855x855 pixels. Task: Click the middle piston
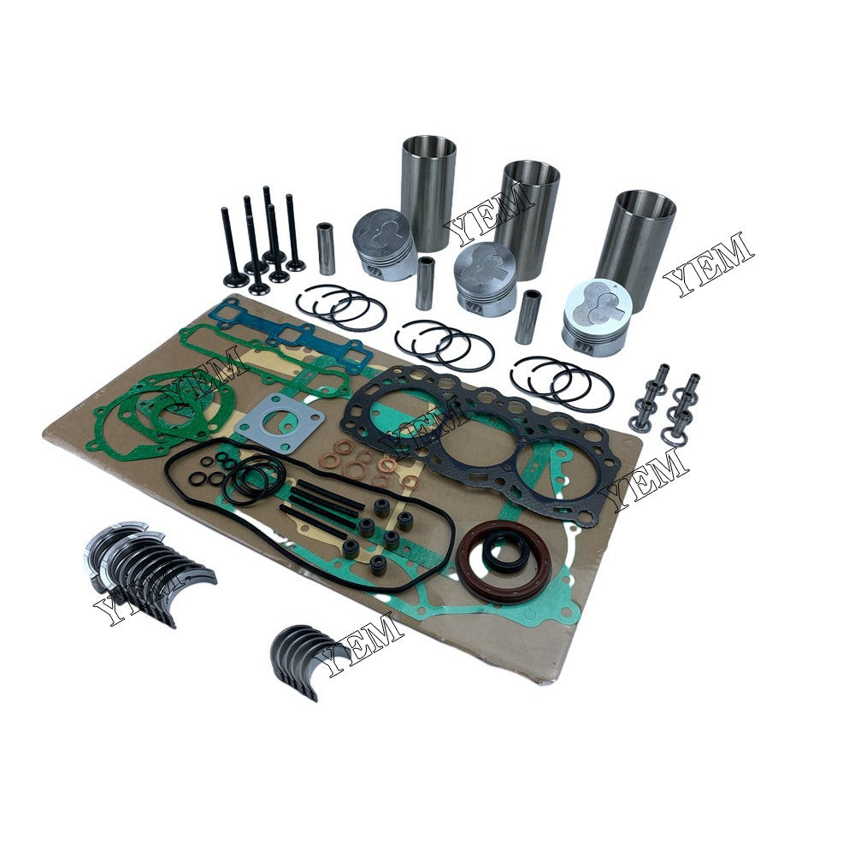pyautogui.click(x=485, y=278)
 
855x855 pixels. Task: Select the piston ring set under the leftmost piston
pyautogui.click(x=340, y=306)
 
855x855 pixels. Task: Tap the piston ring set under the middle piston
pyautogui.click(x=445, y=345)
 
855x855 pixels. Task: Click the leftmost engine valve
pyautogui.click(x=232, y=248)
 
